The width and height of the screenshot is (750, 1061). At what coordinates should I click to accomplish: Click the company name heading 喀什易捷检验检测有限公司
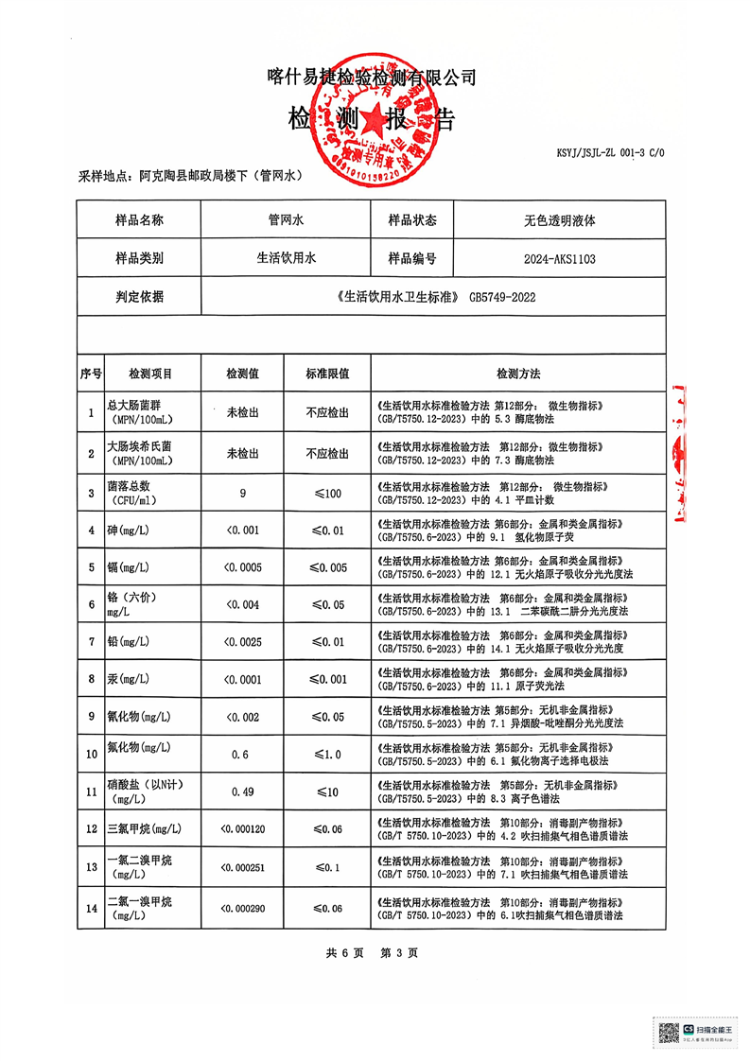pyautogui.click(x=372, y=78)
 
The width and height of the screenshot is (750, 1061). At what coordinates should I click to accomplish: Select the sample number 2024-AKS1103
pyautogui.click(x=559, y=258)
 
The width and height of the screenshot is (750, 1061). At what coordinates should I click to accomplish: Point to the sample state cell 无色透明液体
pyautogui.click(x=559, y=220)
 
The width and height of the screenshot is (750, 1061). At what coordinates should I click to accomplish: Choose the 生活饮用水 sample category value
pyautogui.click(x=285, y=258)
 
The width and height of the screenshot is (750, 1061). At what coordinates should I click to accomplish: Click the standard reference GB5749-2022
pyautogui.click(x=503, y=297)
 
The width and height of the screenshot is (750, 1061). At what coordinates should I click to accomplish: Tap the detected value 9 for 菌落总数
pyautogui.click(x=243, y=493)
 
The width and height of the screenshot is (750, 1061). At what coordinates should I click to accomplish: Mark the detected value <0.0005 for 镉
pyautogui.click(x=243, y=567)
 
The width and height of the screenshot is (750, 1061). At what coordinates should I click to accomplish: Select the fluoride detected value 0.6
pyautogui.click(x=243, y=754)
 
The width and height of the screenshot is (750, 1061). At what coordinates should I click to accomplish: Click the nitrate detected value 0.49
pyautogui.click(x=243, y=791)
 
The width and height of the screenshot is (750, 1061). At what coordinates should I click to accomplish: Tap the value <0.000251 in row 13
pyautogui.click(x=243, y=867)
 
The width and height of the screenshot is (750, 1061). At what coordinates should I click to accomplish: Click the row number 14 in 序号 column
pyautogui.click(x=91, y=907)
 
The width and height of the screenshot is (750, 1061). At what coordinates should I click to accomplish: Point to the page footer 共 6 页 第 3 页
pyautogui.click(x=372, y=952)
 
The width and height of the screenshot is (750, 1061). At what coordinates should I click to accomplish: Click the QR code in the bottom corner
pyautogui.click(x=669, y=1032)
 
